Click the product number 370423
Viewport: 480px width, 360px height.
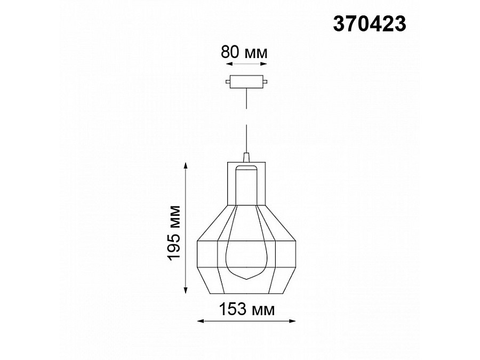(370, 24)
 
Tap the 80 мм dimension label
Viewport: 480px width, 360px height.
(244, 52)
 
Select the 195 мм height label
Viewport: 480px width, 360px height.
(174, 233)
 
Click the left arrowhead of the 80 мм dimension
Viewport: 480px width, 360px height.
(229, 64)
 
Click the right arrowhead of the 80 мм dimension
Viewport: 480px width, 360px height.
(264, 64)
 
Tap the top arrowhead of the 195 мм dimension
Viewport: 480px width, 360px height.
(185, 166)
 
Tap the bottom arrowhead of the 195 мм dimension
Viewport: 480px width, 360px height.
(185, 291)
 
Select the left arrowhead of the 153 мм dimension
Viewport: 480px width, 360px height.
(200, 321)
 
